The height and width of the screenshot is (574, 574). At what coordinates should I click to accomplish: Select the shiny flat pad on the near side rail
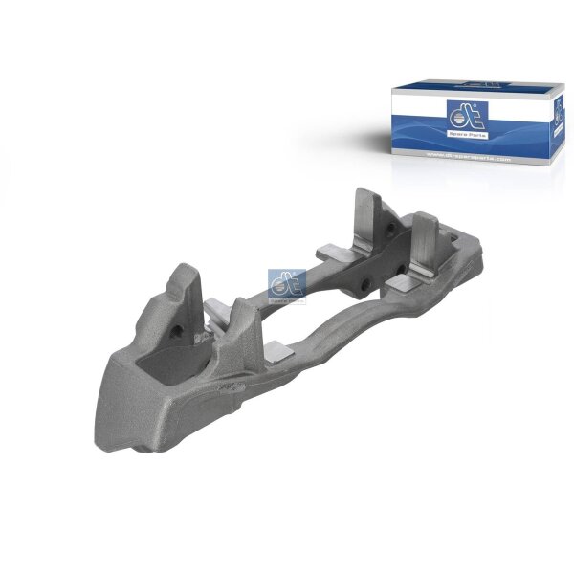[278, 350]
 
